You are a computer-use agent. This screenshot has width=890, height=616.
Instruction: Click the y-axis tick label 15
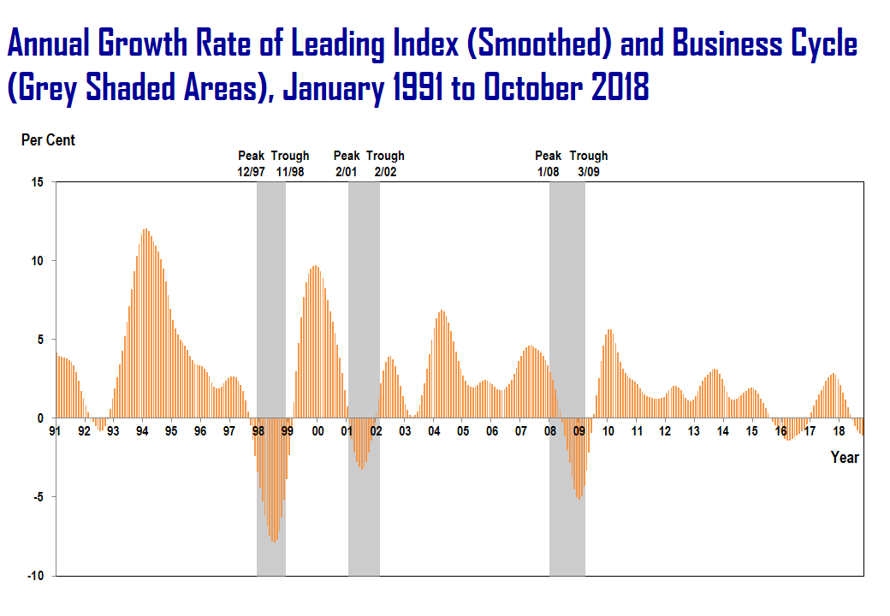38,182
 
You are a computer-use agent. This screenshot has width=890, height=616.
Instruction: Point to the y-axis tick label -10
35,576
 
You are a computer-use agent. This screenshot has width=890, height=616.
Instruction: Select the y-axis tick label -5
38,497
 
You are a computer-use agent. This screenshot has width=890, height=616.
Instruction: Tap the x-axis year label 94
142,431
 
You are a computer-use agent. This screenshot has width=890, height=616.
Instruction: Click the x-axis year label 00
317,431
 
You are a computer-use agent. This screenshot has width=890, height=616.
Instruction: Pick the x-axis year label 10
608,431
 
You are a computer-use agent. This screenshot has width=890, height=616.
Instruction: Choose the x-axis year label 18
840,431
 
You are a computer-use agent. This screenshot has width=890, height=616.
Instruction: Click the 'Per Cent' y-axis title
48,139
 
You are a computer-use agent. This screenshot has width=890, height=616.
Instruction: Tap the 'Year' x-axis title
845,458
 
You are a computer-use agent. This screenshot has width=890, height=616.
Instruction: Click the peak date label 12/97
252,171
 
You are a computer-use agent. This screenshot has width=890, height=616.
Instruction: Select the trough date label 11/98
290,171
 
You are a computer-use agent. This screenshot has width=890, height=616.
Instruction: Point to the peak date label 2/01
347,171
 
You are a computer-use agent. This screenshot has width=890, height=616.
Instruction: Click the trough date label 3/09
589,171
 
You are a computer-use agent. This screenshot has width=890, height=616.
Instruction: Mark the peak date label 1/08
549,171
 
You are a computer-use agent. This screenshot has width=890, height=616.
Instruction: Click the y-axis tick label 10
38,261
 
